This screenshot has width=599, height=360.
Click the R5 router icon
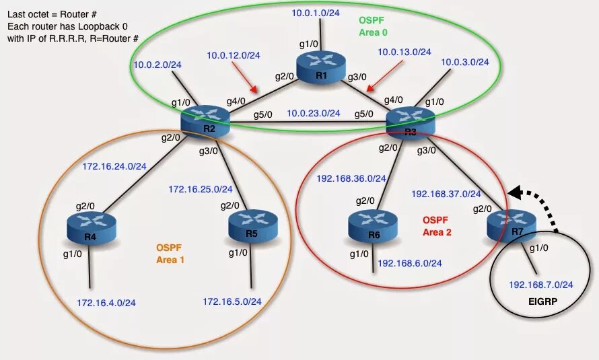pos(252,225)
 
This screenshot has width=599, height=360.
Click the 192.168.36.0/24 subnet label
pos(351,178)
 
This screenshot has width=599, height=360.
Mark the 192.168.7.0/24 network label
pos(541,285)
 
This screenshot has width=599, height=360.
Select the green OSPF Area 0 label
pos(374,26)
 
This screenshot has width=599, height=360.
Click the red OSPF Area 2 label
pos(437,226)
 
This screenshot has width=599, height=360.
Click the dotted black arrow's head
pos(513,193)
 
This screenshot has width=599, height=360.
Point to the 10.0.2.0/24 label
pos(157,65)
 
